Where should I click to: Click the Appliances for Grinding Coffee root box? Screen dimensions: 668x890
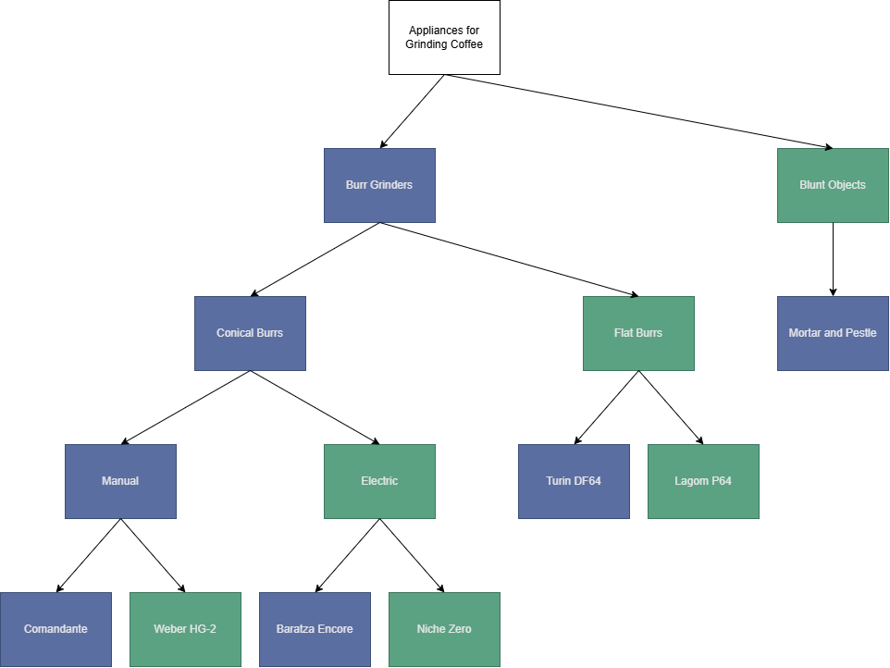click(444, 37)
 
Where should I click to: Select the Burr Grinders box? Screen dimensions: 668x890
click(379, 185)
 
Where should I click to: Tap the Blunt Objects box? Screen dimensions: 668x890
click(833, 185)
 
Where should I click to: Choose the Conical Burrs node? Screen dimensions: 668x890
click(250, 333)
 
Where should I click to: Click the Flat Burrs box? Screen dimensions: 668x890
click(638, 333)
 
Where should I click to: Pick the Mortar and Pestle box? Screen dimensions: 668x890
click(833, 333)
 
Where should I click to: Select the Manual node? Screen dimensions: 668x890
click(120, 481)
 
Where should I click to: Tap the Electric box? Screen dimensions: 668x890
click(379, 481)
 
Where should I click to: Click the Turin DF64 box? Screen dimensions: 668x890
click(574, 481)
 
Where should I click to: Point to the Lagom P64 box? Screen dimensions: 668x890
click(703, 481)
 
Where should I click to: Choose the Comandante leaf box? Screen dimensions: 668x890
click(56, 629)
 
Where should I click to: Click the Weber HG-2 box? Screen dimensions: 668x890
click(185, 629)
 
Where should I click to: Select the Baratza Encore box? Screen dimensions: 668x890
click(315, 629)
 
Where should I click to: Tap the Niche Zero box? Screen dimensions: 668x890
click(444, 629)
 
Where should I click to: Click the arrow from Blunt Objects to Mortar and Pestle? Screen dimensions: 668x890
click(833, 259)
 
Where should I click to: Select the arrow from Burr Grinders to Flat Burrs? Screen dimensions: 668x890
click(509, 259)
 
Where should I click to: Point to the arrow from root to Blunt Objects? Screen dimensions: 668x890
click(638, 111)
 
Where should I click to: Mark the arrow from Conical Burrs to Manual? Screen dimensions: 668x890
click(185, 407)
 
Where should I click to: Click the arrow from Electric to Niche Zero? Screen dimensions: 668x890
click(412, 555)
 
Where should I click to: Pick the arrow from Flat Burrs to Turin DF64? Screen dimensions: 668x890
click(606, 407)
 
